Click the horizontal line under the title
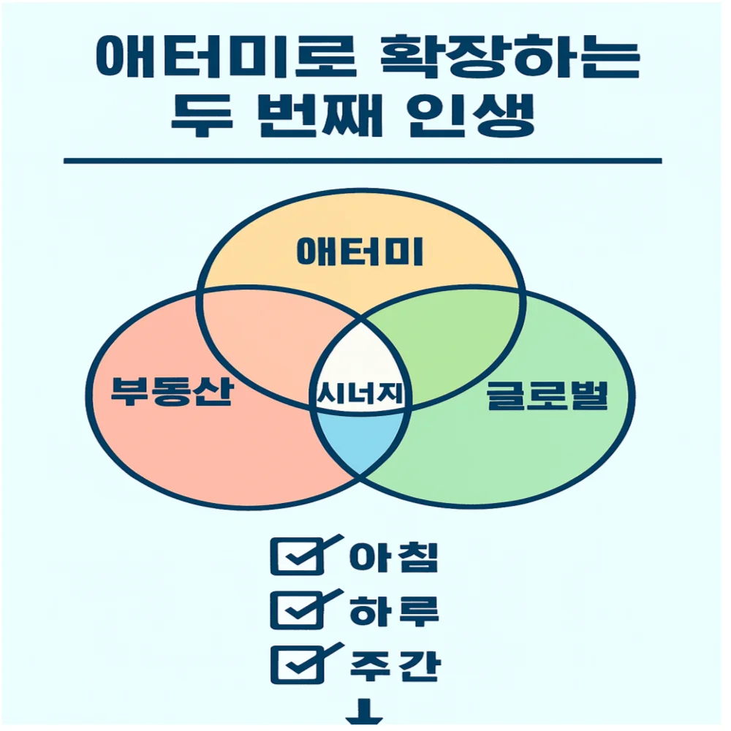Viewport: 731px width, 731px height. [362, 161]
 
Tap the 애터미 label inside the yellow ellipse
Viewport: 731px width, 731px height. [361, 253]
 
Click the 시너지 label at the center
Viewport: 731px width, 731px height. [361, 395]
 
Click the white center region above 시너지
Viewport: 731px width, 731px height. [362, 355]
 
